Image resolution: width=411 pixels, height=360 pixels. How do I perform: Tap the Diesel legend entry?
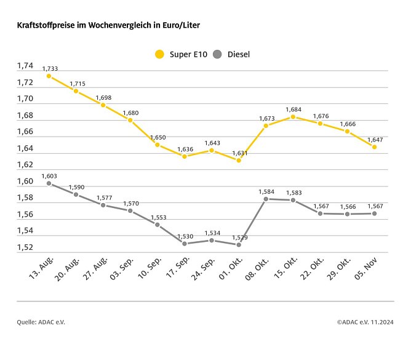click(x=232, y=54)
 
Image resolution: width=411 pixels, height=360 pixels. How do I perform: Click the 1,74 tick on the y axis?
click(x=25, y=66)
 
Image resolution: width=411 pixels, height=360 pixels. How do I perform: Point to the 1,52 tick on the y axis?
click(x=25, y=247)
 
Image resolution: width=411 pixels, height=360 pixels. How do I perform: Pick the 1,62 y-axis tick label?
click(x=25, y=165)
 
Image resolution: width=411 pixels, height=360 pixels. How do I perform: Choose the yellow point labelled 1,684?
click(x=293, y=116)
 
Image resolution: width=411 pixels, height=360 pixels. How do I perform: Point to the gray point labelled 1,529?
click(x=239, y=245)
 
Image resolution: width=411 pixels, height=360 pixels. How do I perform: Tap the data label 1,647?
click(x=375, y=139)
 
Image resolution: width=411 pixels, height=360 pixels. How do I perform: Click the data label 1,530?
click(x=185, y=236)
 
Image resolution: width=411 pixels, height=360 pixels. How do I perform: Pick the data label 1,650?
click(x=158, y=137)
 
